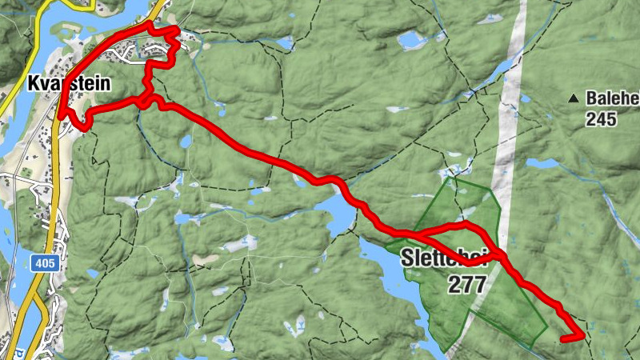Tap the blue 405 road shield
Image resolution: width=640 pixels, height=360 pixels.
point(42,262)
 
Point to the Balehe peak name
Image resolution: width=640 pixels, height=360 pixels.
point(612,98)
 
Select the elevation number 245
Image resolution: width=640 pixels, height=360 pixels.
point(601,118)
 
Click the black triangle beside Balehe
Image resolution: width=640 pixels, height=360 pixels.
point(573,98)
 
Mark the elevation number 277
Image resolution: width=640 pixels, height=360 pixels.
point(466,283)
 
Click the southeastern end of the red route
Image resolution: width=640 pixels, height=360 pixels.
point(563,339)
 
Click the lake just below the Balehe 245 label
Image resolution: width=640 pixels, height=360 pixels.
point(543,163)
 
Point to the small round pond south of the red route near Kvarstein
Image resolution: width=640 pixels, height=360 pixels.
point(186,142)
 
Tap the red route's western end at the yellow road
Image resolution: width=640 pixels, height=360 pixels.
point(62,117)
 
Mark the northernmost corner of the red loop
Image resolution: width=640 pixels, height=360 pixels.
point(149,24)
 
